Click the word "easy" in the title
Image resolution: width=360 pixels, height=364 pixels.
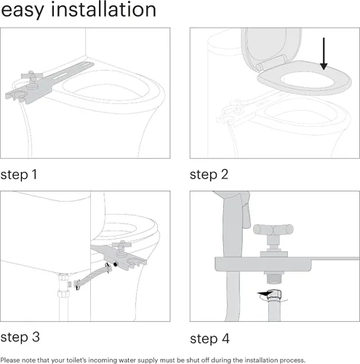pos(23,10)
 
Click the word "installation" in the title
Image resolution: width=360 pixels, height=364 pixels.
pos(103,9)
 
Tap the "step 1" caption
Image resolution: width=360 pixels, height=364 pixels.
pos(19,175)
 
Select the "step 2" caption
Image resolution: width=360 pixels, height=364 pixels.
pos(209,175)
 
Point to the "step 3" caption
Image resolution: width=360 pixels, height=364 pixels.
pos(20,337)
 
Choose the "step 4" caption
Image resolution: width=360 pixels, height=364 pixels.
pos(209,339)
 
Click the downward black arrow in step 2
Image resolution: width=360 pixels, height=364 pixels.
pos(324,54)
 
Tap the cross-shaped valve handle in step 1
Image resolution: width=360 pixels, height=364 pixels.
pos(31,77)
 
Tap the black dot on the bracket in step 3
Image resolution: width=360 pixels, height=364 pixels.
pos(116,264)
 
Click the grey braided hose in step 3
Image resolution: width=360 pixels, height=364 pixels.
pos(93,276)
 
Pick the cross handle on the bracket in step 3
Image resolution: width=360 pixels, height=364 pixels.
pos(121,245)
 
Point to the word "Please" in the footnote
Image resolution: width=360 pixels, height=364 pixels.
pos(10,360)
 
